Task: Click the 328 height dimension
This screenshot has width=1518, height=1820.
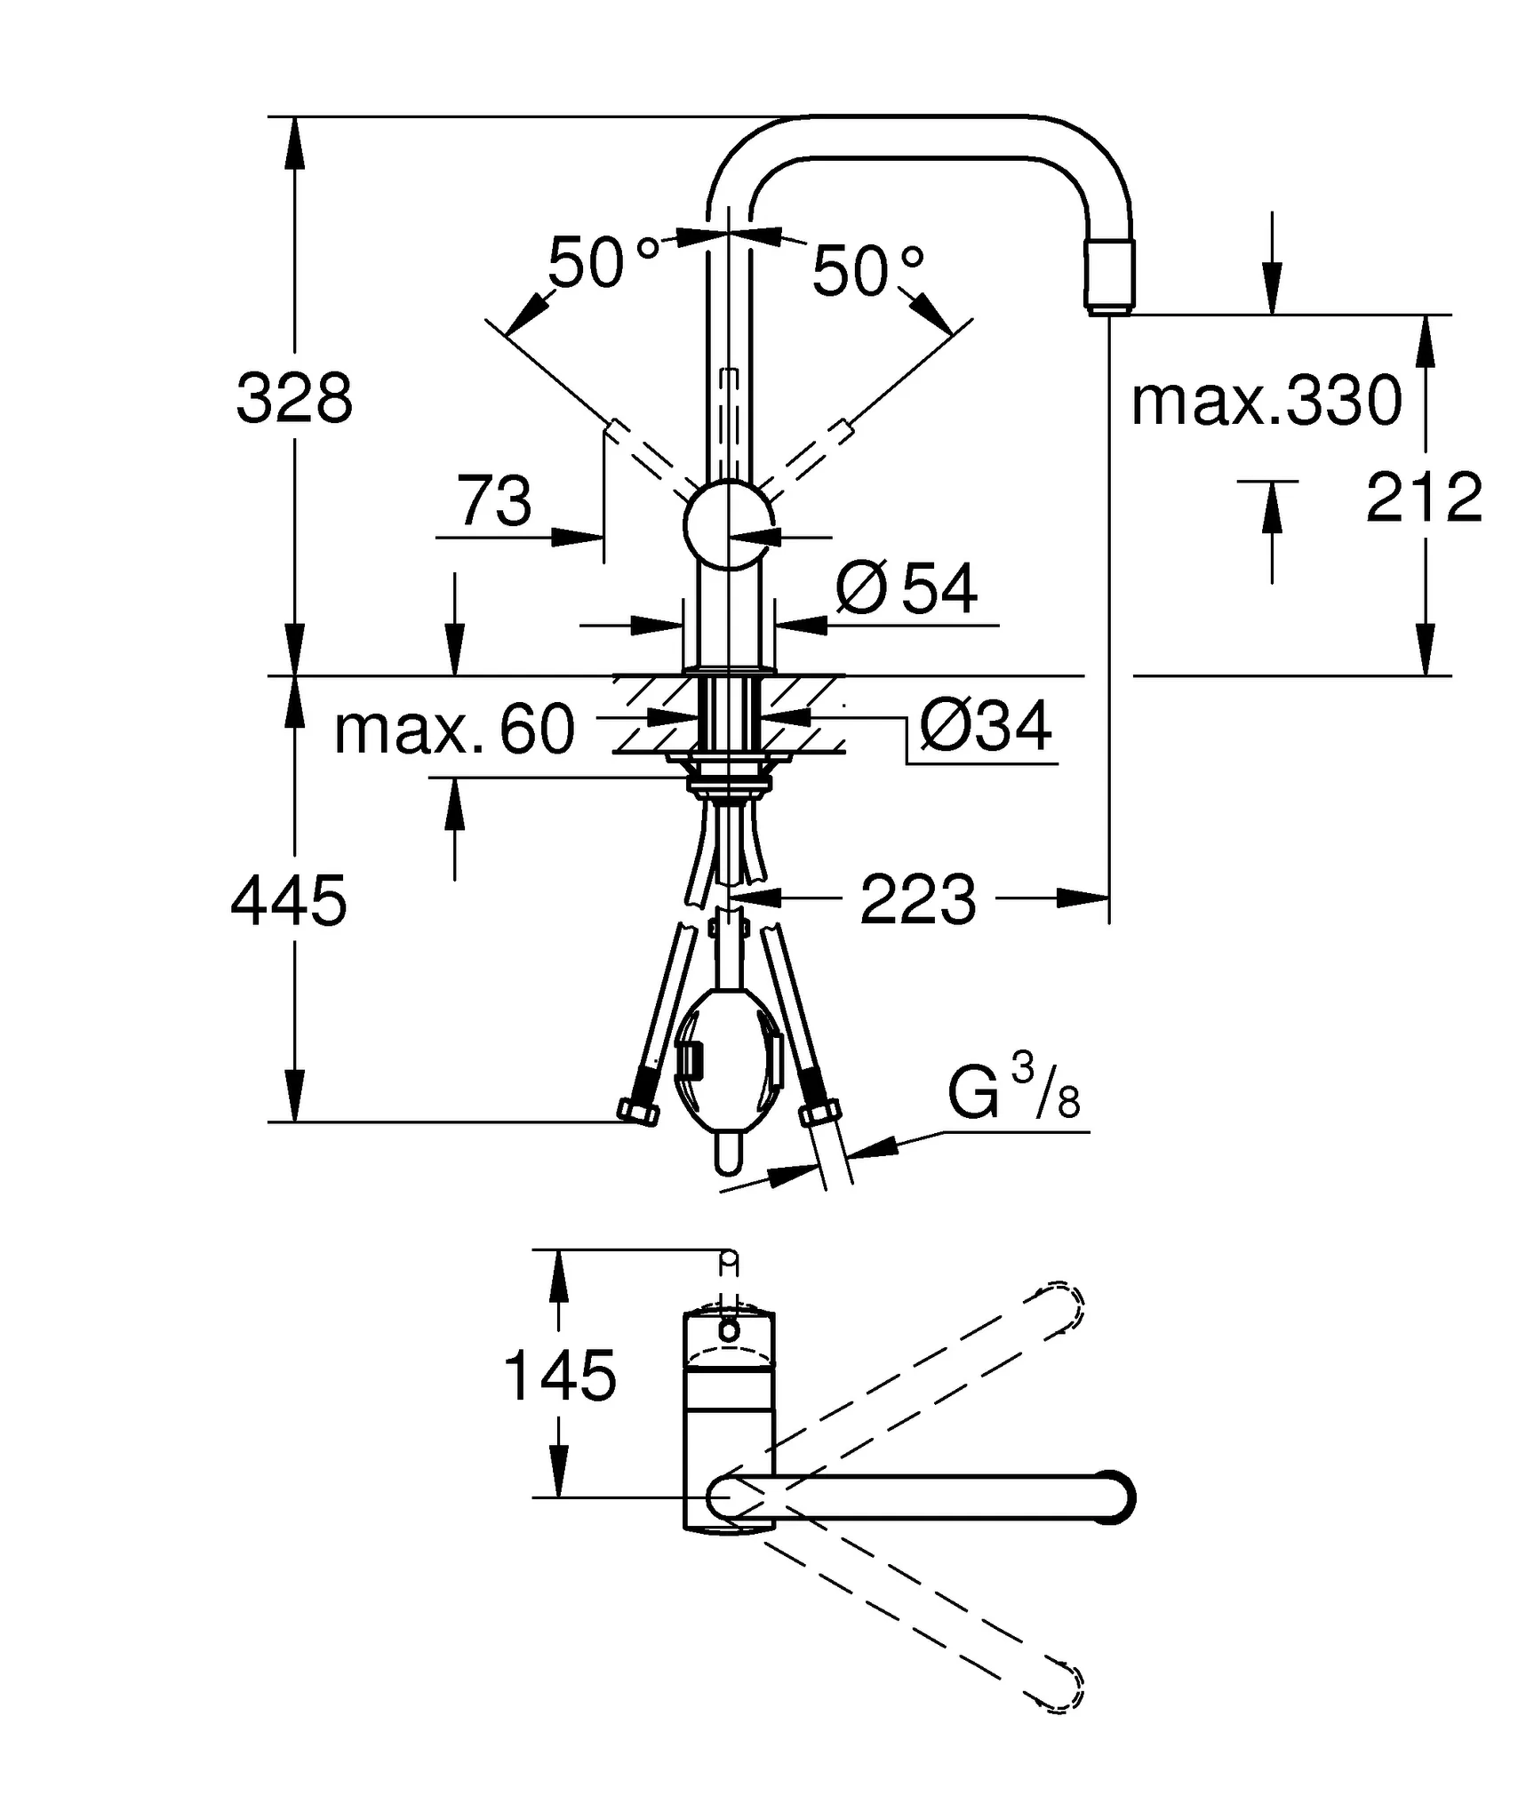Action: pos(294,399)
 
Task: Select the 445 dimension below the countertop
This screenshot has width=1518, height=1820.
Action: pos(289,900)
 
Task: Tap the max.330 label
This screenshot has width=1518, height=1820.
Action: pos(1266,401)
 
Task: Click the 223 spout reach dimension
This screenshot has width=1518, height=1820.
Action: pos(918,900)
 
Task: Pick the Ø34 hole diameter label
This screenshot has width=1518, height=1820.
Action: pos(986,726)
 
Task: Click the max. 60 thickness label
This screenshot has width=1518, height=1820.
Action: pos(454,730)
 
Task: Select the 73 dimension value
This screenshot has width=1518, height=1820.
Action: pos(494,501)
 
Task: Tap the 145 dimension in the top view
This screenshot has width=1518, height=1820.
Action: pos(560,1376)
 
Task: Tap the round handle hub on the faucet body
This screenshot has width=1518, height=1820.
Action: pos(728,525)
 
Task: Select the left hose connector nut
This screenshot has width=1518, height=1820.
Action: pos(638,1113)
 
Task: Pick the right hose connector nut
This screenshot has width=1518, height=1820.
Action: pos(819,1113)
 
